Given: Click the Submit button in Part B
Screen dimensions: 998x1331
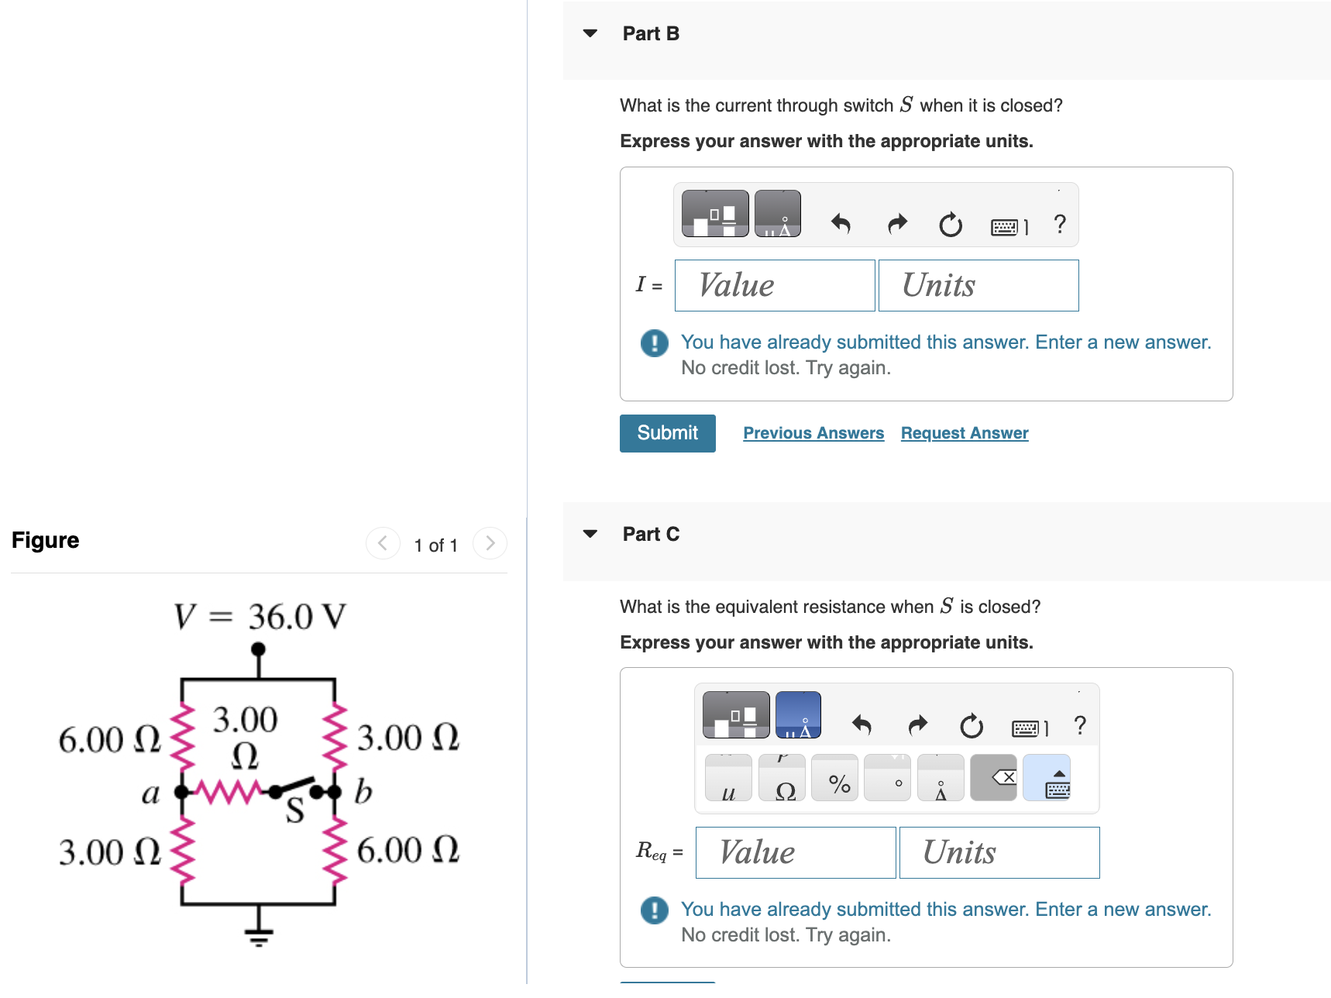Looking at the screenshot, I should tap(667, 433).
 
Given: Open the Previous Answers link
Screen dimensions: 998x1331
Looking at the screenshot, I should tap(813, 433).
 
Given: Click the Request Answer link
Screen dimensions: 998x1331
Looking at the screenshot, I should tap(965, 433).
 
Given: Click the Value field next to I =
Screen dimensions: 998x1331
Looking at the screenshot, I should tap(775, 286).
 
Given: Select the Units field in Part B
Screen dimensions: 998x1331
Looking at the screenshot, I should tap(978, 286).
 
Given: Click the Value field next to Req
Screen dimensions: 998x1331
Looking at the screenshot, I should tap(796, 853).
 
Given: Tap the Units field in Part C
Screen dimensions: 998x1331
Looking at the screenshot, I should tap(999, 853).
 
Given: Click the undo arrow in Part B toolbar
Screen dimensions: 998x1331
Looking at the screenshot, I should tap(841, 225).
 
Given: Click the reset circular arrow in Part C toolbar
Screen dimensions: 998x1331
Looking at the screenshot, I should tap(971, 726).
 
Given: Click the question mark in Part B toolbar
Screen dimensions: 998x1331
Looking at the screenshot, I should tap(1060, 225).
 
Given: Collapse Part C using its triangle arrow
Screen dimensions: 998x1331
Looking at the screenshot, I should tap(590, 534).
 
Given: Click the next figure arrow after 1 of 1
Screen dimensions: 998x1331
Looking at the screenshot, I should tap(490, 544).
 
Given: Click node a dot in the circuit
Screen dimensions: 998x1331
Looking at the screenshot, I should tap(181, 792).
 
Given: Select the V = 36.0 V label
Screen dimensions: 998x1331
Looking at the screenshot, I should tap(260, 617).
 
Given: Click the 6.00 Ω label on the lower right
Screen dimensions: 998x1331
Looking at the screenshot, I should tap(408, 850).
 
